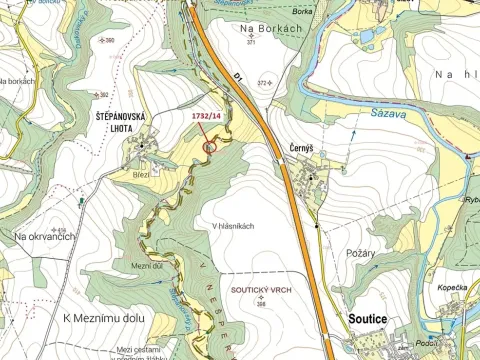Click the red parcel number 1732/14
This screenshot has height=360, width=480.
pos(204,117)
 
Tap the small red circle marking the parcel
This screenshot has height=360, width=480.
pos(209,147)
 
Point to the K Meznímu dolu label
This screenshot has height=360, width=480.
pos(105,318)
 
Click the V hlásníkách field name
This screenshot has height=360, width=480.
pos(233,226)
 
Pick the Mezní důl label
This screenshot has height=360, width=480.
pos(146,265)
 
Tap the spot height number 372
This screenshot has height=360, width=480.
pos(264,83)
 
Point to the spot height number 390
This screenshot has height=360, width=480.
pos(109,40)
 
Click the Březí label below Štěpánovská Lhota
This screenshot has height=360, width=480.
pos(141,174)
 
